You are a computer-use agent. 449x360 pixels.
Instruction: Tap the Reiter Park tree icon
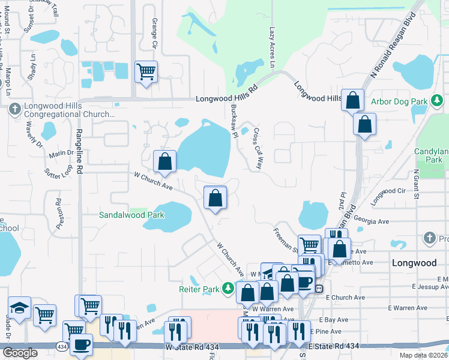coord(228,289)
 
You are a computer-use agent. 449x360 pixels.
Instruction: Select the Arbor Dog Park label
coord(400,101)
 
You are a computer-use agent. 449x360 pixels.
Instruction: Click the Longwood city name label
coord(414,263)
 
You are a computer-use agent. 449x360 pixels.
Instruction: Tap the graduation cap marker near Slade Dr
coord(19,308)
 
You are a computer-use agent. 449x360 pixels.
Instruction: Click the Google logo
coord(19,352)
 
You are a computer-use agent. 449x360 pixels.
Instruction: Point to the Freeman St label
coord(285,238)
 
